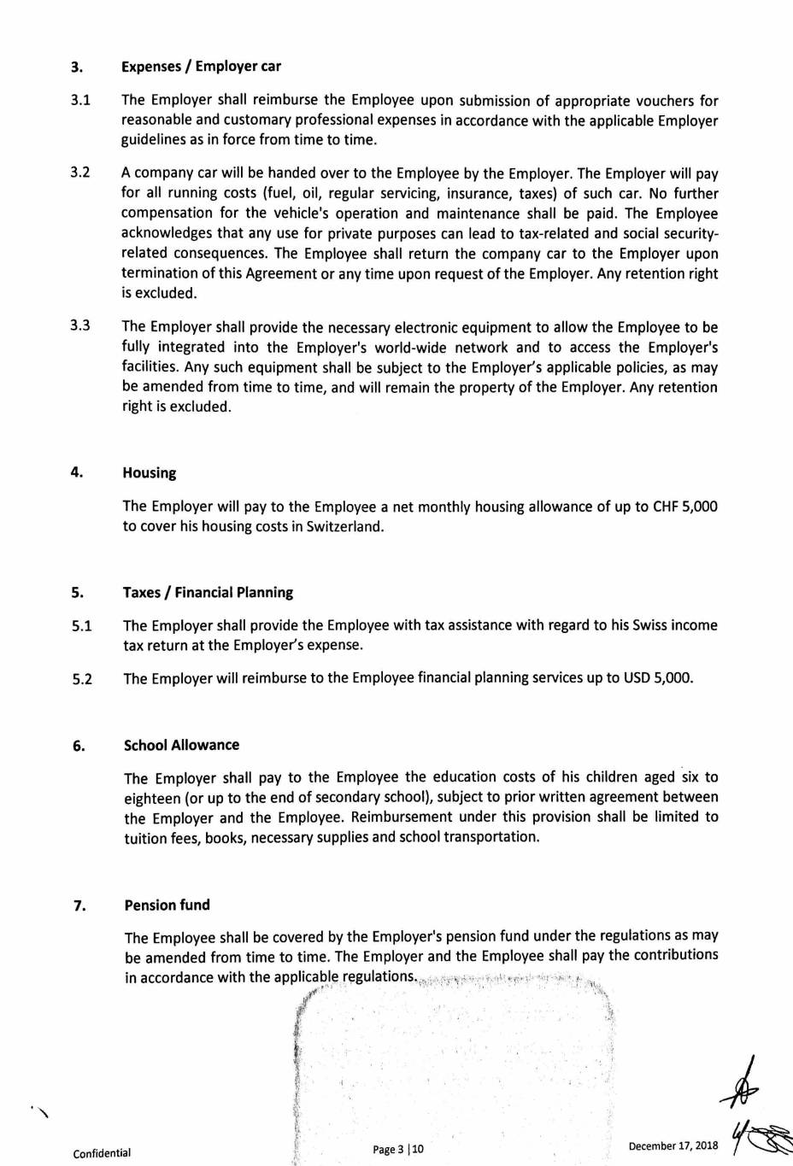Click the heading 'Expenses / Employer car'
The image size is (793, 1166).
pos(201,67)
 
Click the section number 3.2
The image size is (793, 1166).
pos(80,173)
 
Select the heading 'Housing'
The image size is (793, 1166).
pos(150,473)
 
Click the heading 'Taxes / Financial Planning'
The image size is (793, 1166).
pos(208,593)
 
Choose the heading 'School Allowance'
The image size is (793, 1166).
pos(181,745)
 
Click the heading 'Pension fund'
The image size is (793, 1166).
pos(167,905)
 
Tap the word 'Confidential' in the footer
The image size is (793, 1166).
pos(102,1154)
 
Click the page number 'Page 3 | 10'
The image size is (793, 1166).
pos(398,1150)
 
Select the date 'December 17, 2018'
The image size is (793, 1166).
pos(673,1146)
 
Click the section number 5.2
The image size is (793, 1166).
pos(82,680)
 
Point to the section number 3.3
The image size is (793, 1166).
pos(80,326)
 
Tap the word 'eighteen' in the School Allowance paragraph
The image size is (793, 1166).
pos(152,798)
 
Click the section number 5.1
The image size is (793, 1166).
pos(82,626)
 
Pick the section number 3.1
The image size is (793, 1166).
pos(80,101)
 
